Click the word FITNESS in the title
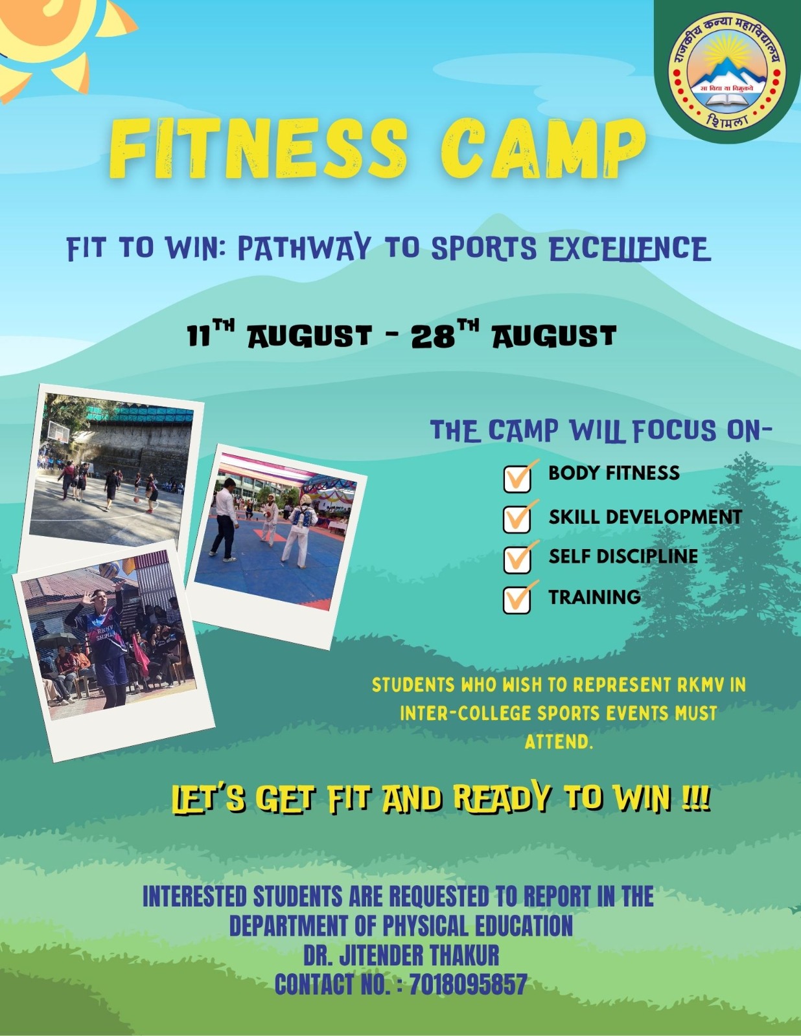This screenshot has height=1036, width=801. point(258,149)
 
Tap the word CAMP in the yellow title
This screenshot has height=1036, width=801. point(543,149)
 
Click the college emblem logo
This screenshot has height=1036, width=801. point(728,71)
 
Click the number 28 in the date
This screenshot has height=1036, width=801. point(433,337)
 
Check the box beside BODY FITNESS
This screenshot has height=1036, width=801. point(517,479)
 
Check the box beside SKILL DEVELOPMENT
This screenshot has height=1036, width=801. point(517,519)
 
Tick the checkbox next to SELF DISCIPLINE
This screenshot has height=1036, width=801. point(517,559)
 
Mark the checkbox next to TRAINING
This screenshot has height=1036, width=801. point(517,600)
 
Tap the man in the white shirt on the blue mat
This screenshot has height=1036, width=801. point(225,519)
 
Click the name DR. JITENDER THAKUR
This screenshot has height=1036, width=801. point(401,955)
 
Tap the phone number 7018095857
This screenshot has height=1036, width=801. point(468,984)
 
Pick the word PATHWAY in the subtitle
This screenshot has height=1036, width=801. point(305,249)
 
